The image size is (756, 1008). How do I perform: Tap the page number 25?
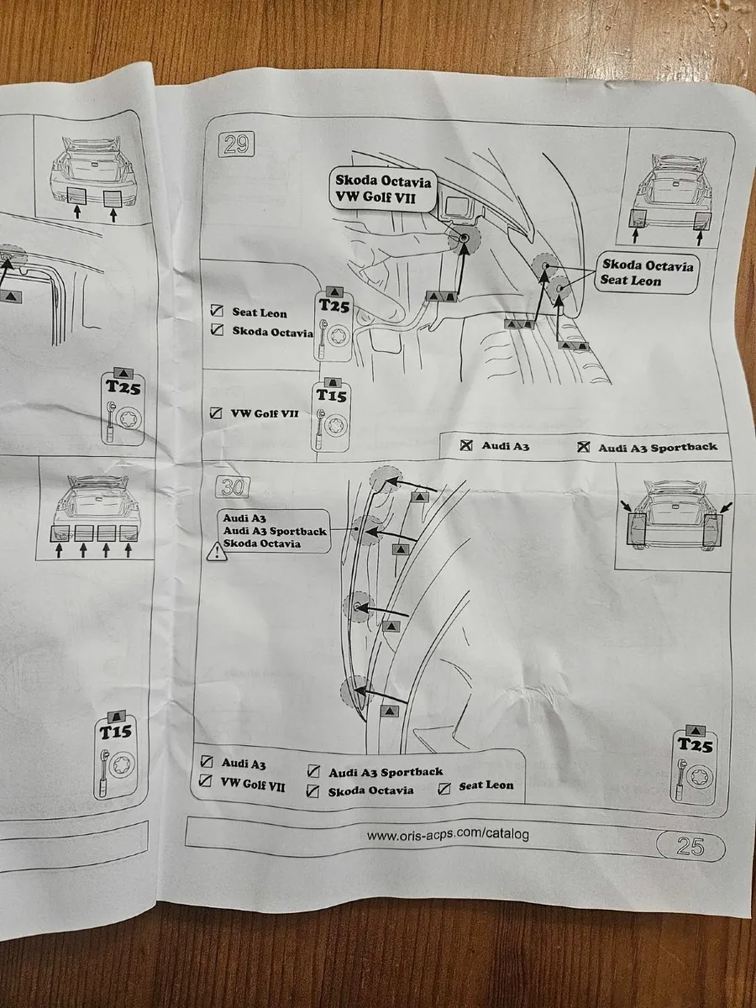690,846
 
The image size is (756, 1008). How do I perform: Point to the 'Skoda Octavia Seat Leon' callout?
648,273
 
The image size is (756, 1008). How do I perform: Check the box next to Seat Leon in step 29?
217,312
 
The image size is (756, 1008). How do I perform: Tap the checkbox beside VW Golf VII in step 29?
216,413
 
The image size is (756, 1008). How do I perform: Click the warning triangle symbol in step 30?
217,552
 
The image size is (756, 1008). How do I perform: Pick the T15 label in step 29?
330,396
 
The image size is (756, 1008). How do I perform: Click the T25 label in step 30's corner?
695,744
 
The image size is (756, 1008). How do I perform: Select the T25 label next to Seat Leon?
333,306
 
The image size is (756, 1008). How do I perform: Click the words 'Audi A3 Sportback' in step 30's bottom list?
386,772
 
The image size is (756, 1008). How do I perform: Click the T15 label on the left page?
117,732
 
